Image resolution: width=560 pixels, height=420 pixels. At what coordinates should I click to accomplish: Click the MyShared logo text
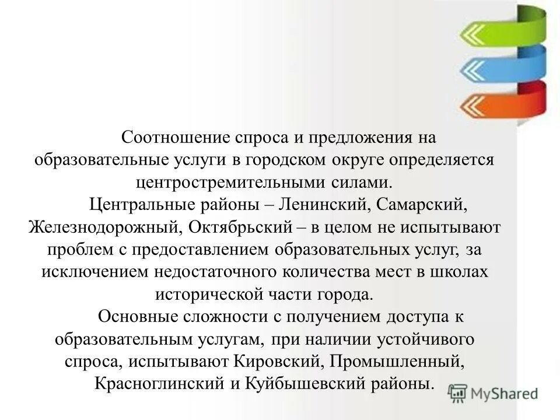503,394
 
